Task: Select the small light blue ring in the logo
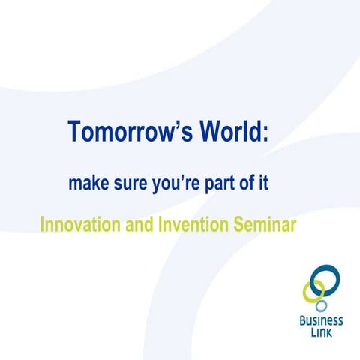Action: coord(321,306)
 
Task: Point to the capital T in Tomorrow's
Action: coord(74,131)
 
